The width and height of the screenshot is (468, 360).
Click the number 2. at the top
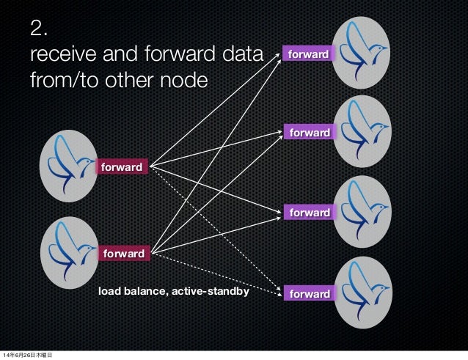point(40,29)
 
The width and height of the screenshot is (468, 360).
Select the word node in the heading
point(175,79)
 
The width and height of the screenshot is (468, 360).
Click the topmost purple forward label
point(307,54)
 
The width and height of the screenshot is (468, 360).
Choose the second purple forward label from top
point(307,133)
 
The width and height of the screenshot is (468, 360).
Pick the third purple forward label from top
point(307,213)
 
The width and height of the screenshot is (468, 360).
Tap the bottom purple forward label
point(307,294)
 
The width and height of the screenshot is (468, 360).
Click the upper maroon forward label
point(123,167)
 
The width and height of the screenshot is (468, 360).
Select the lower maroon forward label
point(123,253)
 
